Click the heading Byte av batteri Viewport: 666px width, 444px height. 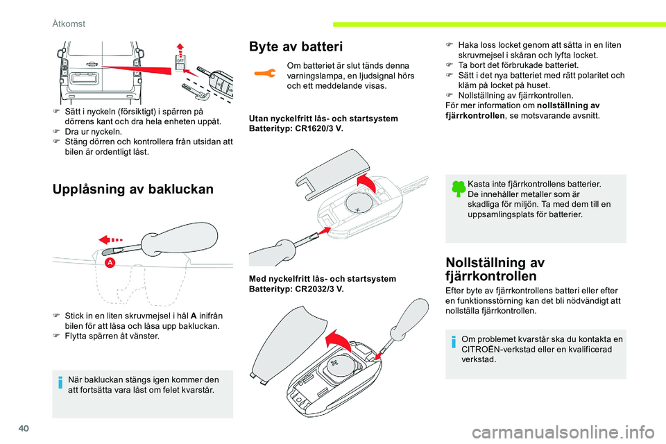click(x=296, y=47)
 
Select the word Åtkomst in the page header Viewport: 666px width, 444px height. click(x=69, y=24)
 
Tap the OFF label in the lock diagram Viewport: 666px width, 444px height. click(x=180, y=60)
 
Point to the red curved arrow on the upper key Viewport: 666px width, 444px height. click(x=366, y=184)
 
